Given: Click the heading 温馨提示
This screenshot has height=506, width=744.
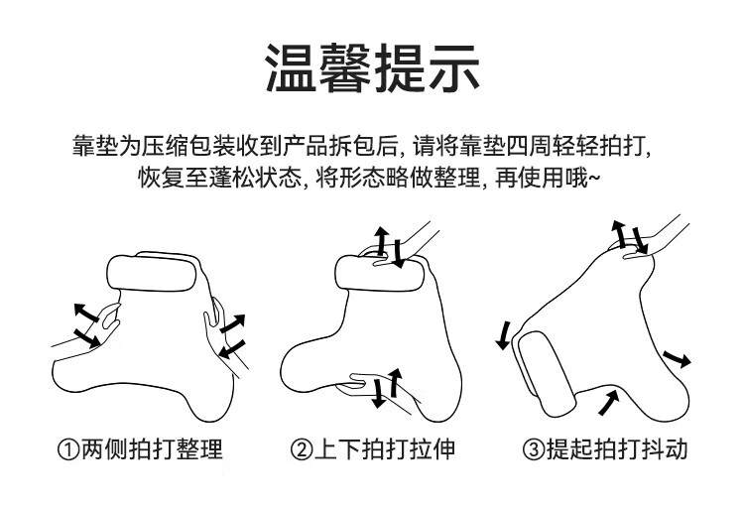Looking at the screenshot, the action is [372, 67].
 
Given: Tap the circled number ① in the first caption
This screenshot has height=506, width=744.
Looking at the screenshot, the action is [68, 449].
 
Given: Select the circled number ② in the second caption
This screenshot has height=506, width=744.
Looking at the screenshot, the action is [302, 449].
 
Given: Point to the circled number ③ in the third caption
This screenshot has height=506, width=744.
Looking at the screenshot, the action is [534, 449].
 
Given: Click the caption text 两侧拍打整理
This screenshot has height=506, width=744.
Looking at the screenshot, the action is [152, 449].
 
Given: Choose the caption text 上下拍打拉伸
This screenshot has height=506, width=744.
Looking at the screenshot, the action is [385, 449].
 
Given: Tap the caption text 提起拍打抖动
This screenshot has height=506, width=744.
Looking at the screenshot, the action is [617, 449].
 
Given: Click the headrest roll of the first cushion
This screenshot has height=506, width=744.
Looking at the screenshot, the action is [152, 273].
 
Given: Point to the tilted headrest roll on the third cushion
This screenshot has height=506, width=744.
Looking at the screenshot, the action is [547, 374].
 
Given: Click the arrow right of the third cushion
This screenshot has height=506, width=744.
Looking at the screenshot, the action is [677, 358].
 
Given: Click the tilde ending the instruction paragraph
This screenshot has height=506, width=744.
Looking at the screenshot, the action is [593, 180].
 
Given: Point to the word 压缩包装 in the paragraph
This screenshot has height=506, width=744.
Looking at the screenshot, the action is [186, 145].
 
